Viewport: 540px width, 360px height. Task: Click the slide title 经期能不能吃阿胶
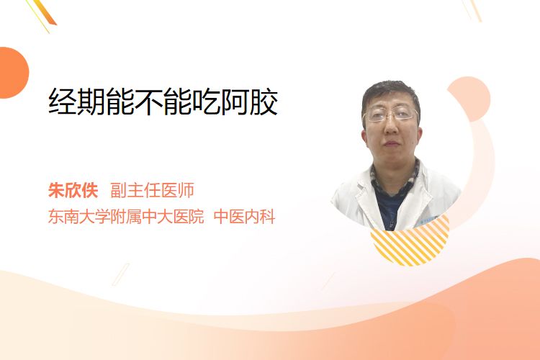coord(163,102)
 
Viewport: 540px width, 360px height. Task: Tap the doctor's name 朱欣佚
coord(73,190)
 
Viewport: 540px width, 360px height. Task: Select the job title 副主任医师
coord(152,190)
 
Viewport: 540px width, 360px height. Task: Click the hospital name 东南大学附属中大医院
coord(126,217)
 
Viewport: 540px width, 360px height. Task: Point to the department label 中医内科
coord(245,217)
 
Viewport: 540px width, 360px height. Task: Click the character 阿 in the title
coord(235,102)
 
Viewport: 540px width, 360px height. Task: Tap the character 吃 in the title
coord(207,102)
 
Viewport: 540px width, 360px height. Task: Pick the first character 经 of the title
coord(63,102)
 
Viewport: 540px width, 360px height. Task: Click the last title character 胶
coord(264,102)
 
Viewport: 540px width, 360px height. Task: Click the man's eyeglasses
coord(391,114)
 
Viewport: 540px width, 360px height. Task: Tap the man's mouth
coord(391,143)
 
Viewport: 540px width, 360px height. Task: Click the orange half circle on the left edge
coord(13,73)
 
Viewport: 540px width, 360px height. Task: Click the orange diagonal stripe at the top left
coord(45,13)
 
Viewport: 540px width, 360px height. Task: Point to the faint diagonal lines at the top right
coord(472,10)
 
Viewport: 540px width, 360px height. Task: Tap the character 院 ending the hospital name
coord(197,217)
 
